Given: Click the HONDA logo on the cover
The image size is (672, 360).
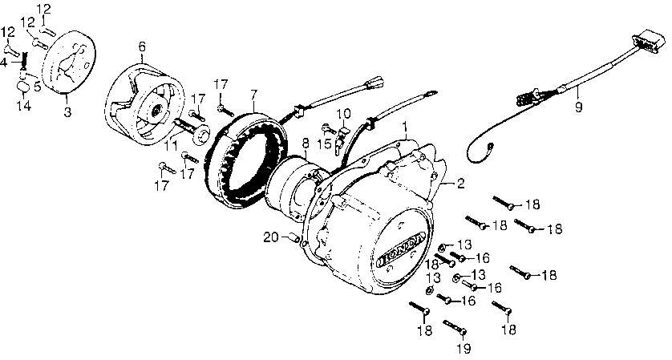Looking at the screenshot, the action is (x=401, y=251).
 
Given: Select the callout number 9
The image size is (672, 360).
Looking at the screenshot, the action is (x=578, y=107).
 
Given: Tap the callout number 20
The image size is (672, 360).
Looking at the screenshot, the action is (x=271, y=237).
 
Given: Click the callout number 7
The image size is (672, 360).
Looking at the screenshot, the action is (x=253, y=94).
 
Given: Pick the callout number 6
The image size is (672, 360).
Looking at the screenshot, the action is (x=142, y=47).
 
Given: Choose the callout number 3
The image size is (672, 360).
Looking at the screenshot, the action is (x=67, y=112).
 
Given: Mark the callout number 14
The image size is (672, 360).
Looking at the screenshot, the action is (x=24, y=105).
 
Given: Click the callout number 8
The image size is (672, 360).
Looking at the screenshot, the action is (x=305, y=143).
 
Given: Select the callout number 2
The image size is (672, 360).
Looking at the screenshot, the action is (x=460, y=184).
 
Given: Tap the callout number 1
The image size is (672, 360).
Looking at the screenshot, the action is (x=403, y=127).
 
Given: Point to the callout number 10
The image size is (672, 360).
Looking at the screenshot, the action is (x=343, y=114).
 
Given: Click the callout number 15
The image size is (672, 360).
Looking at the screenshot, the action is (x=326, y=143).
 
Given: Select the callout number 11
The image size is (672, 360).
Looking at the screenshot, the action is (x=171, y=146).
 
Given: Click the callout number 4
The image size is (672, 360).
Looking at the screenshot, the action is (x=4, y=63).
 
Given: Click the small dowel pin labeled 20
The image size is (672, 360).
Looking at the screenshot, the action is (x=294, y=237).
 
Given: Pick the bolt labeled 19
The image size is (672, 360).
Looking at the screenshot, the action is (x=455, y=327).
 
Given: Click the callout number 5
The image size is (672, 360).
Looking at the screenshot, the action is (x=38, y=86).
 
